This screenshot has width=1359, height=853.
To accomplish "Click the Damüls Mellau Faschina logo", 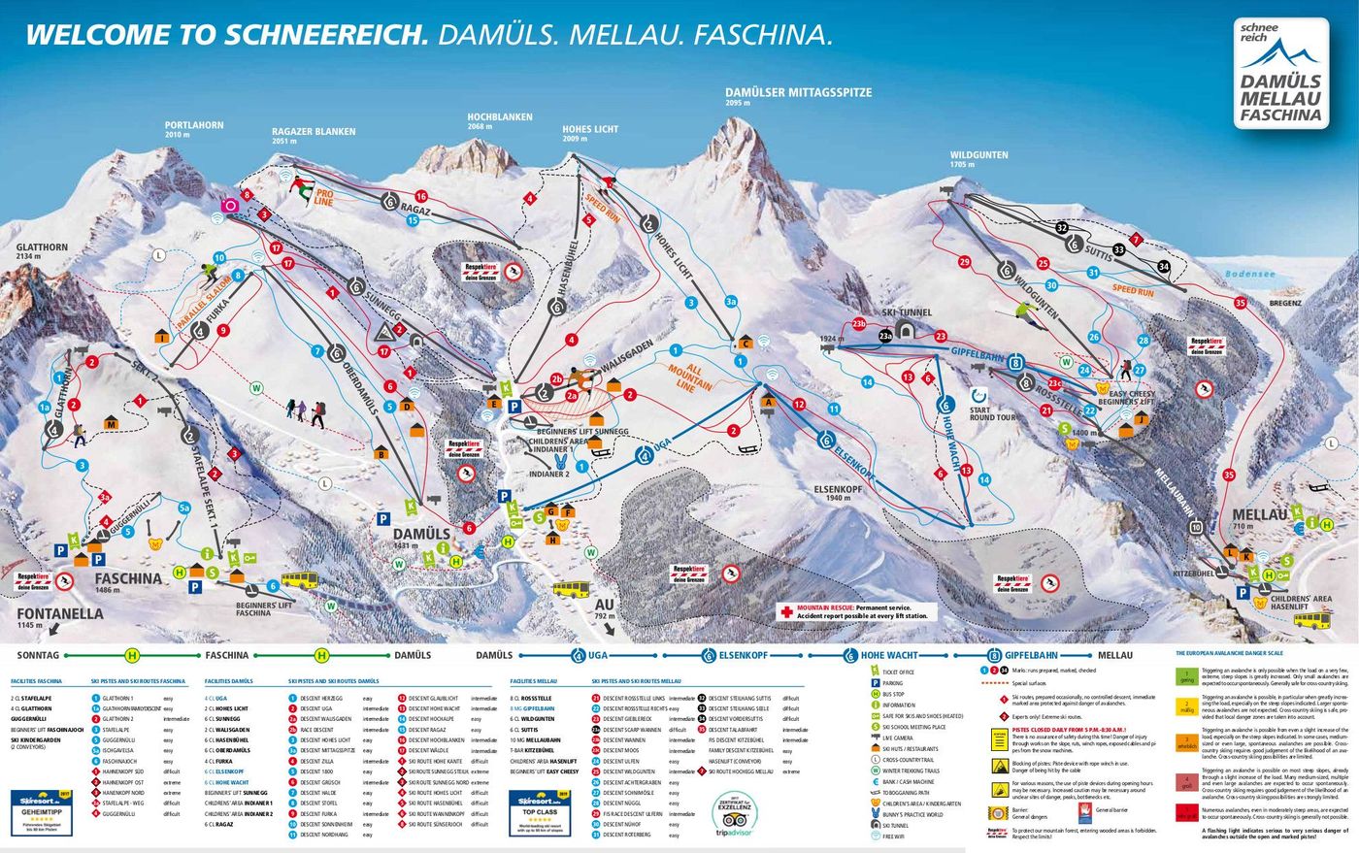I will (1280, 74).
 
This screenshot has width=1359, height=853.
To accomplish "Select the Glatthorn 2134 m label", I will (42, 252).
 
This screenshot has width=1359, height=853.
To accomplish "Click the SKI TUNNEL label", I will (907, 313).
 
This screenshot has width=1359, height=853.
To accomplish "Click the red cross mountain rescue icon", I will (786, 611).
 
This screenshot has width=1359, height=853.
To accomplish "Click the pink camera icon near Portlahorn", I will (231, 206).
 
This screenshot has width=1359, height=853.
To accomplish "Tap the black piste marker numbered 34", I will (1164, 267).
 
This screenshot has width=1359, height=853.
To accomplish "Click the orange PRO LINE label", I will (323, 199).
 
